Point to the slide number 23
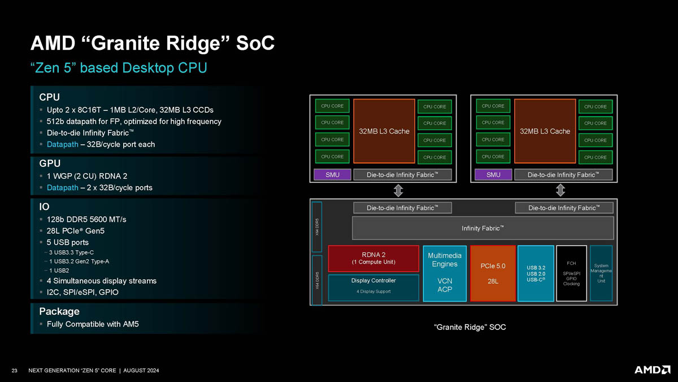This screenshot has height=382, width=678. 15,371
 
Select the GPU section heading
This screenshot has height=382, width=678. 50,164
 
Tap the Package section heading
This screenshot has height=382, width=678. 59,311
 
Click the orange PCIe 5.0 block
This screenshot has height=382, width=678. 493,273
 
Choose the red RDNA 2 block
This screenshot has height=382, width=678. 373,258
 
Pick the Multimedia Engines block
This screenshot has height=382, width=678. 445,273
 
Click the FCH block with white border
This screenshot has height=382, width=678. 571,273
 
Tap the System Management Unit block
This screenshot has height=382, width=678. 601,273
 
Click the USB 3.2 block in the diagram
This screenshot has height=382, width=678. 536,273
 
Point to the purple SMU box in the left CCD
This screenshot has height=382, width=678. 333,174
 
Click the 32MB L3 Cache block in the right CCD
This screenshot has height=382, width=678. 545,131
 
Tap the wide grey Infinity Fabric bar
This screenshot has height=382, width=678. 483,228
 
